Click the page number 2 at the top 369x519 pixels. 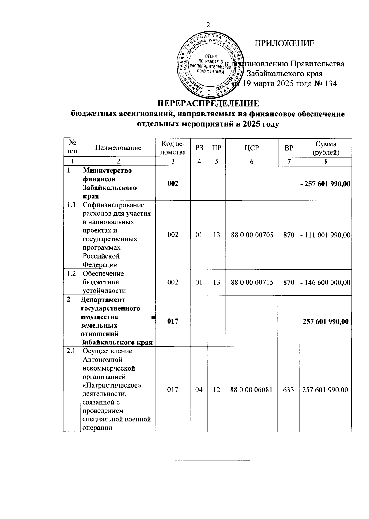click(208, 26)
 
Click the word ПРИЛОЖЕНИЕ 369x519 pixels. click(284, 43)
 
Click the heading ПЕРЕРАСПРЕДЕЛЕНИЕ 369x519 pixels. click(208, 103)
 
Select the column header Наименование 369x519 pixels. click(118, 148)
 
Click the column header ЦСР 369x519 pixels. click(252, 148)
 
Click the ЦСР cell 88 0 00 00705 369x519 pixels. click(252, 235)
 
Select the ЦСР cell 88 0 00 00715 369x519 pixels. click(252, 282)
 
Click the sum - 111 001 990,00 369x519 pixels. click(326, 235)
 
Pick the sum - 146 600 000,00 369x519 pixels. click(326, 282)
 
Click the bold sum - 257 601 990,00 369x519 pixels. click(326, 184)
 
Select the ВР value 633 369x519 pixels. click(289, 390)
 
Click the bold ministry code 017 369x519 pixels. click(173, 321)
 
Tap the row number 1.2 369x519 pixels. click(71, 273)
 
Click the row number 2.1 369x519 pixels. click(71, 351)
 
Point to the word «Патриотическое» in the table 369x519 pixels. click(112, 385)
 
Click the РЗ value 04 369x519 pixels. click(199, 390)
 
